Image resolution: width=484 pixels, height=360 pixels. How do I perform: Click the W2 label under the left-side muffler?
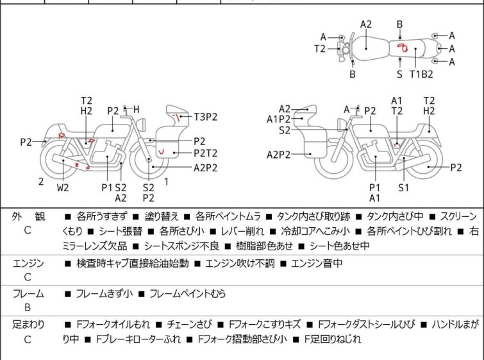(x=63, y=187)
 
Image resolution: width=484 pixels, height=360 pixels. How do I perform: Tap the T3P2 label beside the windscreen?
(x=206, y=117)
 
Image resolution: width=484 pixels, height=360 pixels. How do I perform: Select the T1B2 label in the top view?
(x=421, y=74)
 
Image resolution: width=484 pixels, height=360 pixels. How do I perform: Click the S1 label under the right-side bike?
(x=403, y=187)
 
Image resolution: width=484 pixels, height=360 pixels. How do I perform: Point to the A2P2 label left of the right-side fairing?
(x=278, y=155)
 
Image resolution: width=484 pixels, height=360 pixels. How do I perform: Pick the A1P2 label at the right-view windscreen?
(x=278, y=119)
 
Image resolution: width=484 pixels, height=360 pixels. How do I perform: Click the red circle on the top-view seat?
(x=403, y=47)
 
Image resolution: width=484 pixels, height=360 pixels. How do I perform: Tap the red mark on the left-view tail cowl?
(x=62, y=135)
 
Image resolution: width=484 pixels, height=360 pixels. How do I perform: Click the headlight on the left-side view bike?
(x=142, y=125)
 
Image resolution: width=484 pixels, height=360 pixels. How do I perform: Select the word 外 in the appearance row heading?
(x=17, y=216)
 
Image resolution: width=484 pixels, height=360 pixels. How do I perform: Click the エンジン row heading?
(x=28, y=264)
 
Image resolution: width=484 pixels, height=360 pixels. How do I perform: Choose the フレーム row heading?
(x=28, y=293)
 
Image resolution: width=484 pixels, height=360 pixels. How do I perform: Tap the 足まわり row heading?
(x=28, y=324)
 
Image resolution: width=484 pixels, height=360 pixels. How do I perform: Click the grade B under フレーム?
(x=28, y=307)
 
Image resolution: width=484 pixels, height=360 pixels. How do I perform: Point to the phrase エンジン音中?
(x=317, y=263)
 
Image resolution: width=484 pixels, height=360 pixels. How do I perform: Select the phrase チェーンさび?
(x=190, y=324)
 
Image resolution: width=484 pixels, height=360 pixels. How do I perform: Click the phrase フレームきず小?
(x=104, y=293)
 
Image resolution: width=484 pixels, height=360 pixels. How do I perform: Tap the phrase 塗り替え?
(x=162, y=216)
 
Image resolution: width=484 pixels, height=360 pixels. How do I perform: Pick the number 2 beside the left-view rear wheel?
(x=41, y=182)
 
